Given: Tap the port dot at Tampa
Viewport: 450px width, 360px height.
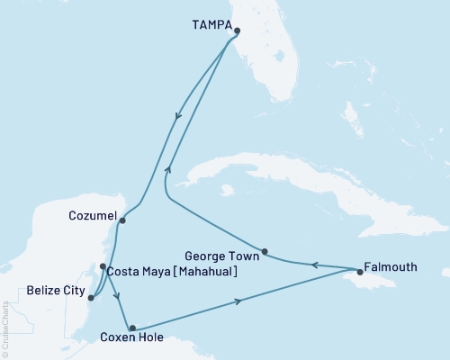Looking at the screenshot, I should pyautogui.click(x=237, y=31).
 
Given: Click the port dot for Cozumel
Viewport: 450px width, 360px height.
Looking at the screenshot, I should pyautogui.click(x=122, y=220).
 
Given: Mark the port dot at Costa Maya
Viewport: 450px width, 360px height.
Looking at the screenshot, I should pyautogui.click(x=103, y=266).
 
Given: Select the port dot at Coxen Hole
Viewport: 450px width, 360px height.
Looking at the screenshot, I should pyautogui.click(x=132, y=328).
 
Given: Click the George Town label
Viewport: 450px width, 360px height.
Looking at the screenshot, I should pyautogui.click(x=229, y=256).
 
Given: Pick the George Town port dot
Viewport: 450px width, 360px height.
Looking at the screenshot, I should pyautogui.click(x=265, y=251).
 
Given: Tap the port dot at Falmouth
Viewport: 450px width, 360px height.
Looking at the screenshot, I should pyautogui.click(x=360, y=271).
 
